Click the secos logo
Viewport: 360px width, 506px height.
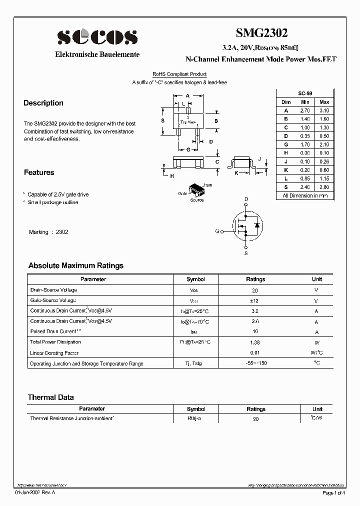pyautogui.click(x=97, y=37)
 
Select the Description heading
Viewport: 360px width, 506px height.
pyautogui.click(x=43, y=103)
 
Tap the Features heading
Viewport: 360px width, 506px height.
pyautogui.click(x=39, y=172)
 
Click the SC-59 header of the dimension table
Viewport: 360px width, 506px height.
pyautogui.click(x=305, y=93)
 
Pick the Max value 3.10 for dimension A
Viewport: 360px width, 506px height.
pyautogui.click(x=324, y=110)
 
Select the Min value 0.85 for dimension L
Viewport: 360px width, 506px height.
pyautogui.click(x=305, y=178)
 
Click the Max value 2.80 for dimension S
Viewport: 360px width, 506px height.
pyautogui.click(x=324, y=187)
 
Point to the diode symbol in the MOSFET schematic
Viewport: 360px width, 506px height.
pyautogui.click(x=256, y=225)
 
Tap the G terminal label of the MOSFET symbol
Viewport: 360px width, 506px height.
pyautogui.click(x=217, y=231)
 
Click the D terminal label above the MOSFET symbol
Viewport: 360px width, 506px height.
pyautogui.click(x=246, y=199)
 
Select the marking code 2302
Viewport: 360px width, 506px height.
pyautogui.click(x=62, y=232)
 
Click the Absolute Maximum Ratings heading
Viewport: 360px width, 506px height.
pyautogui.click(x=76, y=265)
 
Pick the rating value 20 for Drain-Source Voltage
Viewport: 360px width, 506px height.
pyautogui.click(x=255, y=290)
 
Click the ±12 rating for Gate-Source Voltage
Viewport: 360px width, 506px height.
pyautogui.click(x=255, y=301)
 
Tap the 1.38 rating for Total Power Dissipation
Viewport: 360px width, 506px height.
pyautogui.click(x=255, y=342)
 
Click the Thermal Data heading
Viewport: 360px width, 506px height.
pyautogui.click(x=50, y=397)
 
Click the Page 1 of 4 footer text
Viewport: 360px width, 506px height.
pyautogui.click(x=334, y=493)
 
